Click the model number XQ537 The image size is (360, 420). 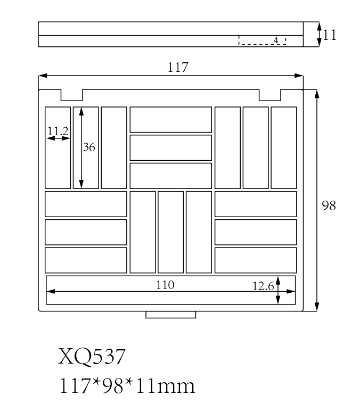[x=92, y=356]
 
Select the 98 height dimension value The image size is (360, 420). [x=329, y=205]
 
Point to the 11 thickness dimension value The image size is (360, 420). [x=330, y=35]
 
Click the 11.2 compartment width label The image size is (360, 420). [x=58, y=131]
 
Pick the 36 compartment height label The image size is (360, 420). [x=89, y=147]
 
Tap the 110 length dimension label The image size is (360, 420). [x=165, y=285]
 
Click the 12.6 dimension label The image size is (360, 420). [x=263, y=286]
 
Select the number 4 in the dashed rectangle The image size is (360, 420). [x=276, y=40]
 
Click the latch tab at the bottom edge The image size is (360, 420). [x=170, y=315]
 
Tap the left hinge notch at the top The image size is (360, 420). [x=72, y=95]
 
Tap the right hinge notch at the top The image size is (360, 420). [x=270, y=95]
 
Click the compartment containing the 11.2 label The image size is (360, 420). [x=58, y=160]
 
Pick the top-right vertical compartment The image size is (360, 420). [x=284, y=147]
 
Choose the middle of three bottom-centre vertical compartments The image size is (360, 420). [x=170, y=232]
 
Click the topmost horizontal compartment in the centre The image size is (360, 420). [x=170, y=119]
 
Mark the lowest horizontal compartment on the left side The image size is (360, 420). [x=86, y=260]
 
